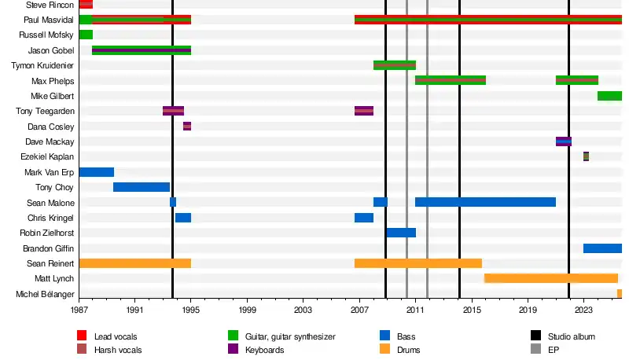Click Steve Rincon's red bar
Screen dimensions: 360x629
[x=86, y=5]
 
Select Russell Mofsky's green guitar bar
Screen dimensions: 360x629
[x=86, y=35]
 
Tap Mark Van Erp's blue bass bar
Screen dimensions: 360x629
[x=96, y=172]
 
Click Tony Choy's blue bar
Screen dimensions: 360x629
[x=142, y=187]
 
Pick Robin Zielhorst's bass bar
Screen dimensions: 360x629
[x=401, y=233]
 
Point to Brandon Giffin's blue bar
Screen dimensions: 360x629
[x=602, y=248]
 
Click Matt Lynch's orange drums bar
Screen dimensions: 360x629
[x=550, y=278]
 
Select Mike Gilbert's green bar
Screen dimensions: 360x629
[x=609, y=96]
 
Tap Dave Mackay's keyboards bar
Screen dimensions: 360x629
[x=564, y=141]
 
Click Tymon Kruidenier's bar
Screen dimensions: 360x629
[x=395, y=65]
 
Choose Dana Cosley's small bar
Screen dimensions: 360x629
[x=187, y=127]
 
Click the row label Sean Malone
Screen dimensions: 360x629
[x=50, y=203]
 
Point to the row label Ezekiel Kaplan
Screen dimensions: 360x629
[x=47, y=157]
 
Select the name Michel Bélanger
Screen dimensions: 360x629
[x=45, y=294]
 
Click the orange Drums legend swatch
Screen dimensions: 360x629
[x=385, y=349]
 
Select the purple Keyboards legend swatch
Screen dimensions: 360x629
[x=234, y=349]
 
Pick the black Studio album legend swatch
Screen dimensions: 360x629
[x=537, y=336]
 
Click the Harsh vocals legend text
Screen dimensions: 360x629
[x=118, y=350]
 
